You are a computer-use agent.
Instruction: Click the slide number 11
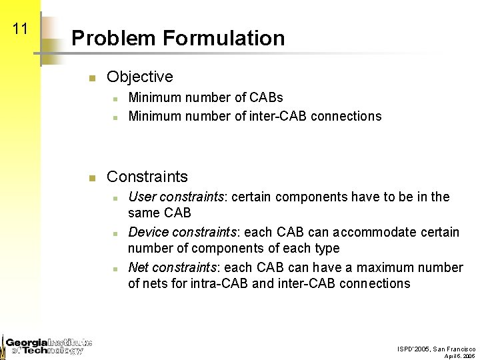(20, 29)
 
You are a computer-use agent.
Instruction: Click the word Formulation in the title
(228, 39)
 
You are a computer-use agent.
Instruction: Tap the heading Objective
(139, 77)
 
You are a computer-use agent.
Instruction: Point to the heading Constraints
(147, 177)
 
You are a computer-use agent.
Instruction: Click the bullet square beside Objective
(93, 79)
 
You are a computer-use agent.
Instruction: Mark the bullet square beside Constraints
(93, 178)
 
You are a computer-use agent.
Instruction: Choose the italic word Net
(138, 267)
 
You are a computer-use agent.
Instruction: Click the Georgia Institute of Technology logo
(47, 345)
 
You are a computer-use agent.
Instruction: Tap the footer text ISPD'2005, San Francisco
(437, 349)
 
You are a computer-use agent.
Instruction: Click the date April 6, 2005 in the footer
(460, 356)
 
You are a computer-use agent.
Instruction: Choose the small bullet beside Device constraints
(115, 233)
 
